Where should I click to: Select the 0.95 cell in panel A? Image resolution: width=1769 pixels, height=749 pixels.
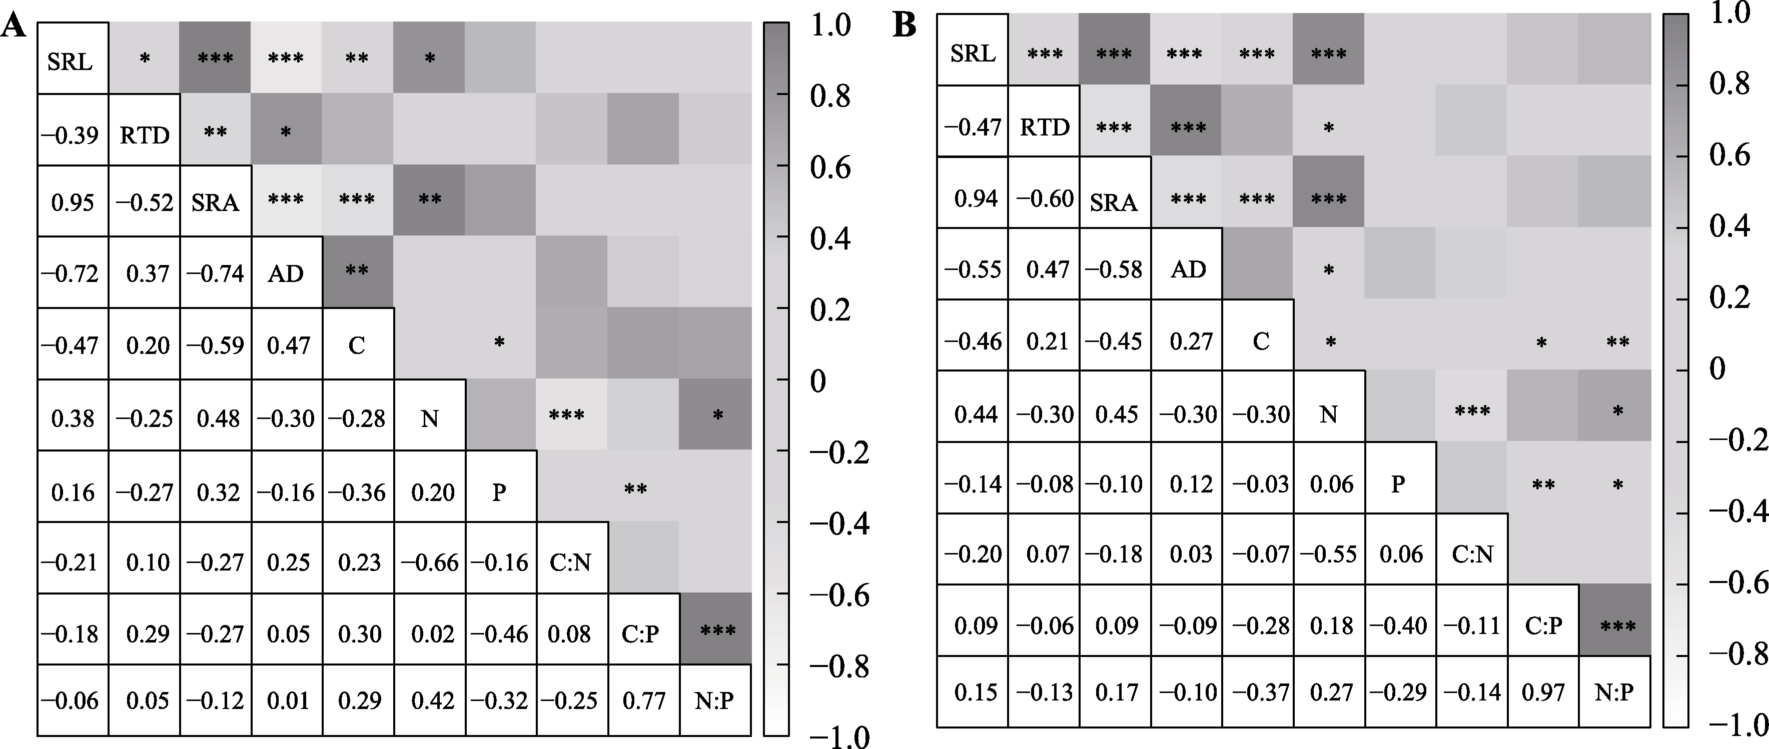click(73, 202)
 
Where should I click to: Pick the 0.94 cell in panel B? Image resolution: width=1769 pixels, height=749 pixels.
click(975, 198)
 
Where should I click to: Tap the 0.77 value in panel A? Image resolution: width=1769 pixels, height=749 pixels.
click(643, 700)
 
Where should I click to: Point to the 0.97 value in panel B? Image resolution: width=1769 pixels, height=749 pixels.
click(1543, 691)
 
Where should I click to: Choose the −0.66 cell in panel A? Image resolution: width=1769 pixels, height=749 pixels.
click(430, 562)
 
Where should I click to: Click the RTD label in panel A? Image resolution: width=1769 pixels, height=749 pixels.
click(144, 135)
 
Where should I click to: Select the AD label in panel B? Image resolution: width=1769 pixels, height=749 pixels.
click(1188, 269)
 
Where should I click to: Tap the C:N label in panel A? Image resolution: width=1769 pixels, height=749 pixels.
click(570, 562)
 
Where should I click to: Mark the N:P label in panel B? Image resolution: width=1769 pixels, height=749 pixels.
click(1614, 691)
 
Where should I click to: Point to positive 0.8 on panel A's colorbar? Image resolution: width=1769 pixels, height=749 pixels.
click(830, 96)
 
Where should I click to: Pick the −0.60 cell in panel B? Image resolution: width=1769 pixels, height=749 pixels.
click(1045, 198)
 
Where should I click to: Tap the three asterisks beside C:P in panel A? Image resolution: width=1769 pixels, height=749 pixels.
click(716, 629)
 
